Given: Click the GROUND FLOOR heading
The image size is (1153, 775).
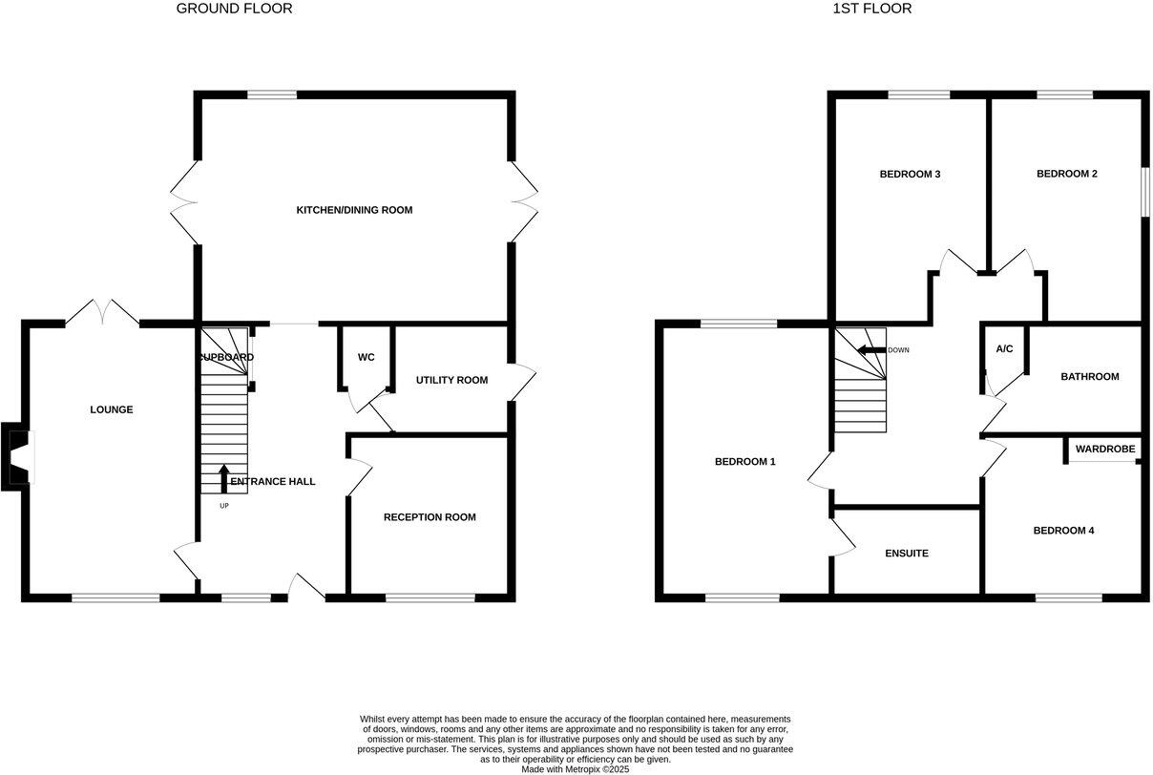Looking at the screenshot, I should click(x=234, y=9).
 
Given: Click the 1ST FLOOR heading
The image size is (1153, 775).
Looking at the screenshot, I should click(x=872, y=9).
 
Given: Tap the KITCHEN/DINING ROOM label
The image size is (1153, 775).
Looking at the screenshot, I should click(x=354, y=210).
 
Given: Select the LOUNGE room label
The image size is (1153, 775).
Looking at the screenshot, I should click(x=112, y=409).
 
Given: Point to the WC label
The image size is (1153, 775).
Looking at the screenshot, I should click(x=367, y=357).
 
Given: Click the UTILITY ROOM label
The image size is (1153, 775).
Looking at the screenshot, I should click(x=451, y=380).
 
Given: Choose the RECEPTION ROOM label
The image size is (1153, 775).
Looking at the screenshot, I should click(x=430, y=517).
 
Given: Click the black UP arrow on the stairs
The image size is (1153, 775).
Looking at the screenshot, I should click(x=224, y=477).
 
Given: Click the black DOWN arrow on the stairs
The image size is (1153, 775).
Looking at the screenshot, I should click(x=870, y=350).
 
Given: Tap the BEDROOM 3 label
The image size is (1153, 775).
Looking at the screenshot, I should click(x=910, y=174).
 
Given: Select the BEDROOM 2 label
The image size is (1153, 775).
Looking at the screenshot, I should click(x=1067, y=174).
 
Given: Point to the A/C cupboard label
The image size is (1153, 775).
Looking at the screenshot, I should click(x=1004, y=349).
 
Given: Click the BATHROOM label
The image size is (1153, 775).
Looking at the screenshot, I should click(x=1090, y=376).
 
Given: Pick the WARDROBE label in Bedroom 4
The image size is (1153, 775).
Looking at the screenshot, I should click(x=1105, y=449).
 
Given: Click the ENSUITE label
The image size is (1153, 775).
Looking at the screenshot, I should click(x=907, y=554).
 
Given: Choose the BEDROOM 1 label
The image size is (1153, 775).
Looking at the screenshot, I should click(x=745, y=462).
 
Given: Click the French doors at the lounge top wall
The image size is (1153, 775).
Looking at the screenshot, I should click(x=103, y=311).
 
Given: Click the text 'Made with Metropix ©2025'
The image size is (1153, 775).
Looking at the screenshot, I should click(x=576, y=768).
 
